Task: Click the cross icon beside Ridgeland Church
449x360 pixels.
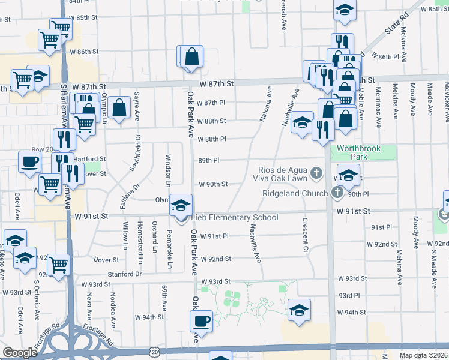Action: (337, 193)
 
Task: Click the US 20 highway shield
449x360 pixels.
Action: (155, 352)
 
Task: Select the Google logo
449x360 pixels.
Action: (20, 353)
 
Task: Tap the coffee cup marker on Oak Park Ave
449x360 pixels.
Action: (201, 322)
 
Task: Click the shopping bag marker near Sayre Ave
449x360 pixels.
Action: (119, 109)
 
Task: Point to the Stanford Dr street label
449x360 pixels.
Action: (125, 274)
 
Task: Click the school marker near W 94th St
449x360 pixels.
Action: (299, 310)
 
